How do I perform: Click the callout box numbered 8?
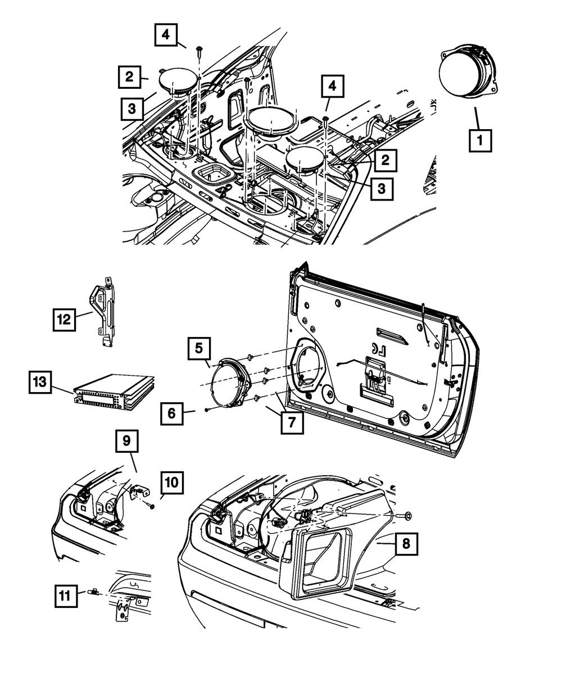[406, 544]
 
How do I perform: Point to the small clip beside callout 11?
[92, 592]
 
